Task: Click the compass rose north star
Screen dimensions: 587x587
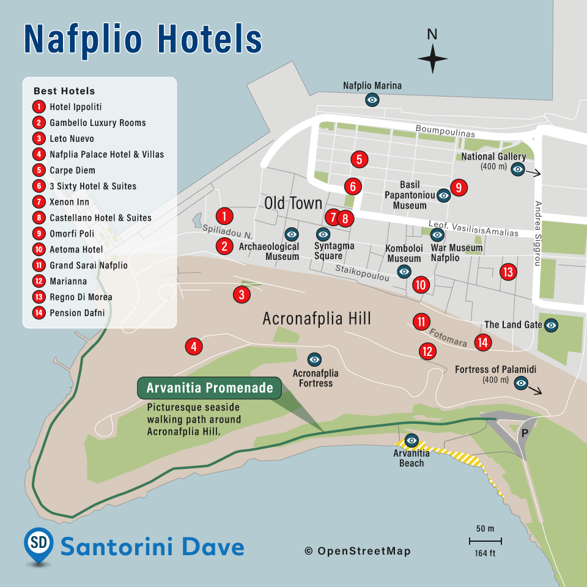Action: [432, 59]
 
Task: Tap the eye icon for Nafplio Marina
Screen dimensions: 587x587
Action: [372, 99]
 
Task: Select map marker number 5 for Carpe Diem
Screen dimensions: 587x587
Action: [360, 160]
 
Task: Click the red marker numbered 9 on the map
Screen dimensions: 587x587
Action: [459, 188]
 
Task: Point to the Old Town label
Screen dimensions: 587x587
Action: [293, 203]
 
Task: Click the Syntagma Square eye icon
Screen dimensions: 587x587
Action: [323, 234]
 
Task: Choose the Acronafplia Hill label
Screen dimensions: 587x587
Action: [317, 319]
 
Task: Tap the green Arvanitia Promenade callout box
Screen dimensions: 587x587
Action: [209, 388]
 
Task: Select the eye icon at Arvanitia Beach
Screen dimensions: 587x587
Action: [412, 440]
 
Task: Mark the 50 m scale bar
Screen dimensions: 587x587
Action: [485, 541]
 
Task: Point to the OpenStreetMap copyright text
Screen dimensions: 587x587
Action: [358, 552]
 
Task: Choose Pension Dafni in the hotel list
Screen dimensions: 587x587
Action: [77, 313]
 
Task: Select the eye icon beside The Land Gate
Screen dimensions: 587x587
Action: [551, 325]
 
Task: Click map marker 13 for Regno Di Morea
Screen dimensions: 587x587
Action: [508, 272]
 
